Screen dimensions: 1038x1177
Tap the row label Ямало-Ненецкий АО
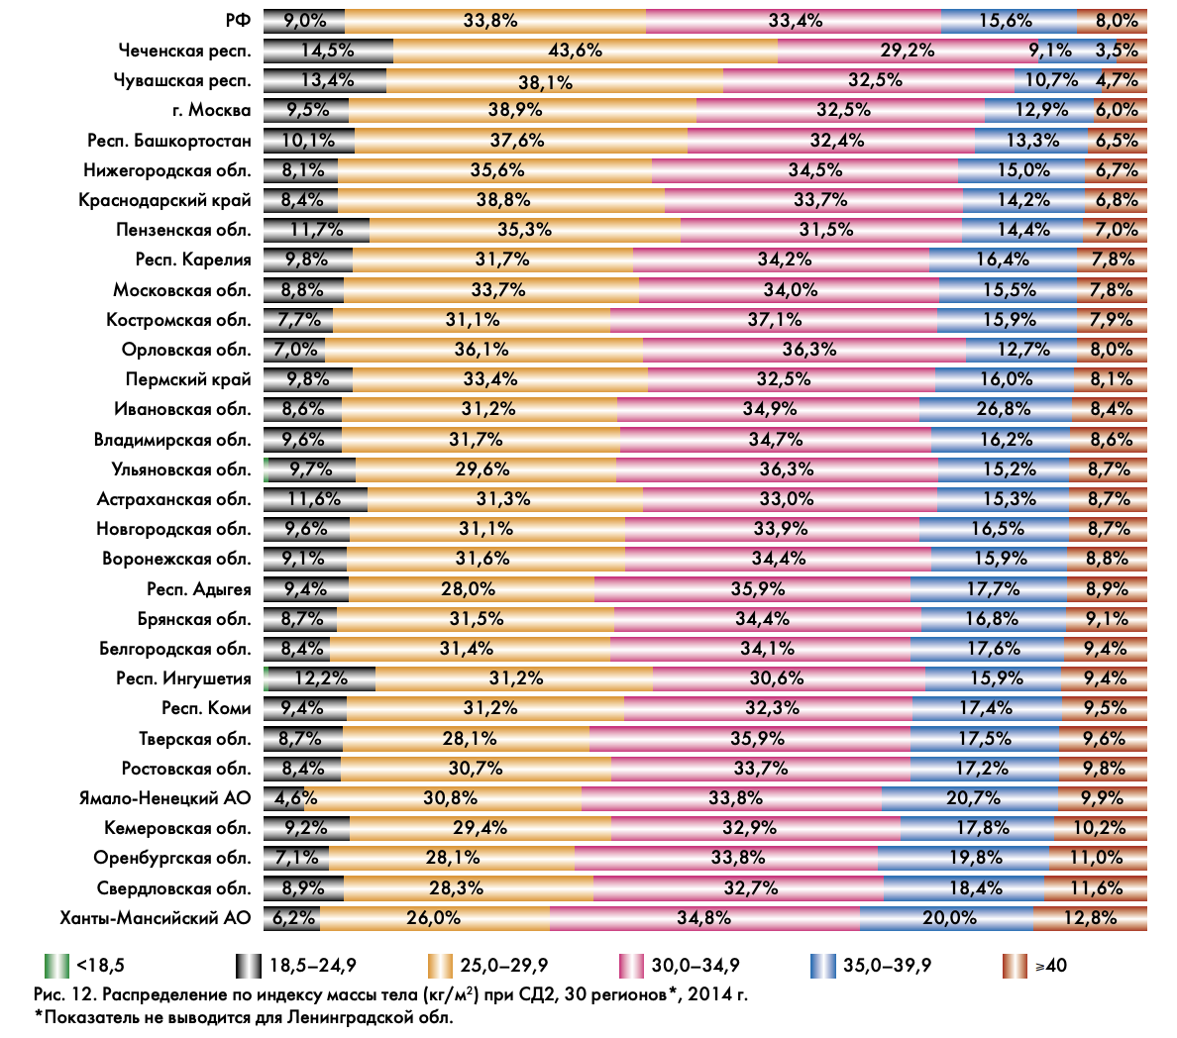(x=165, y=798)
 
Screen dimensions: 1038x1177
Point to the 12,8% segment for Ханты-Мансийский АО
(x=1090, y=918)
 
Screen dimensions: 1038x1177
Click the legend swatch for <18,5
(x=57, y=965)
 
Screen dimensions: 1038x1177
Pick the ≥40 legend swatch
(x=1015, y=965)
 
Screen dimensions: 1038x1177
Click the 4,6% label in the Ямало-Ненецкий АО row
(x=295, y=798)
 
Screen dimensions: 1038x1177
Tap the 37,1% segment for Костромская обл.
(x=775, y=320)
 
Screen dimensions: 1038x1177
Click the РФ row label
(x=238, y=20)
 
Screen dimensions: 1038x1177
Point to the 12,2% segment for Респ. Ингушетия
(x=321, y=678)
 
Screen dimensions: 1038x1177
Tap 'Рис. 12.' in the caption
(x=65, y=994)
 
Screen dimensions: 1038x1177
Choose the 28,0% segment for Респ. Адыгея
(x=469, y=589)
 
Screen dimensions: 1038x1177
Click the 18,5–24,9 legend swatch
(x=248, y=965)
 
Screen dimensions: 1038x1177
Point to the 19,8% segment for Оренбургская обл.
(x=964, y=858)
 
